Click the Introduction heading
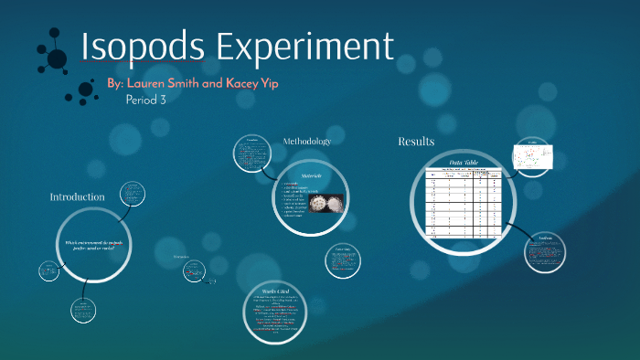tap(77, 196)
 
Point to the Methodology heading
tap(306, 142)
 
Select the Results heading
tap(416, 142)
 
